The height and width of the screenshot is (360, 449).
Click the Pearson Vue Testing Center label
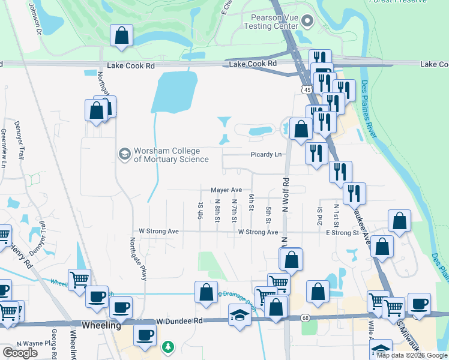(270, 22)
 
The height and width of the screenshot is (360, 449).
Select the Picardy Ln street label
(266, 154)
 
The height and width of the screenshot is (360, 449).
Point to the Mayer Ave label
(226, 190)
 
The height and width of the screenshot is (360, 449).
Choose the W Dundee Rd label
(178, 322)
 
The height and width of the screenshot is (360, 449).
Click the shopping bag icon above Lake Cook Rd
(122, 35)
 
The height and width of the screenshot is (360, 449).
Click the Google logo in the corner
(20, 352)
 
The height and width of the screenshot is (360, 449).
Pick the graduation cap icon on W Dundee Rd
(239, 314)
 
